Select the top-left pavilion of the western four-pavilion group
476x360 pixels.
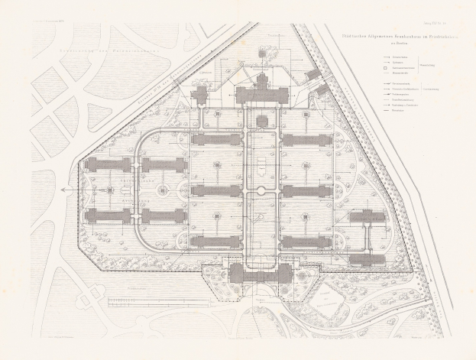point(105,165)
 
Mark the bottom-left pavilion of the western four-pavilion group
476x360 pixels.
point(105,216)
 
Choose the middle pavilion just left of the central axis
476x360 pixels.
point(216,190)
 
